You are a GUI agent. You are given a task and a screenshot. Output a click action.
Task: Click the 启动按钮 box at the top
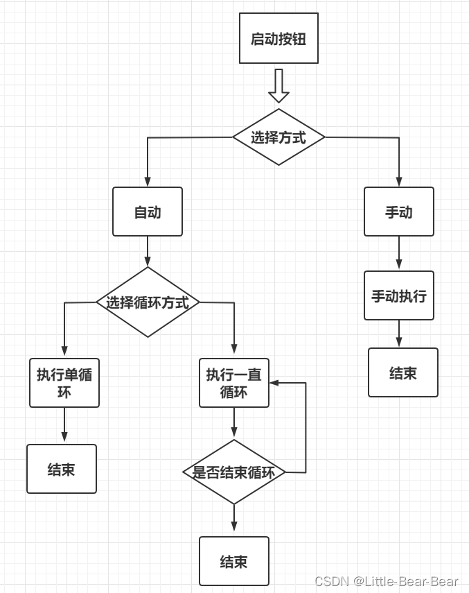pyautogui.click(x=278, y=38)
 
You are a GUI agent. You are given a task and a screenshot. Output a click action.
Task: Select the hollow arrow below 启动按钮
pyautogui.click(x=278, y=85)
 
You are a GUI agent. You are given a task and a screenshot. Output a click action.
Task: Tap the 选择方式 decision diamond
pyautogui.click(x=278, y=137)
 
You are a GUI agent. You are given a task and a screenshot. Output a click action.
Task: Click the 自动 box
pyautogui.click(x=148, y=212)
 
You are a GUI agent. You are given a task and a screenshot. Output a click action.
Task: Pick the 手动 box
pyautogui.click(x=399, y=212)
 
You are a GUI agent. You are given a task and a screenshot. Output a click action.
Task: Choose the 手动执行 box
pyautogui.click(x=399, y=295)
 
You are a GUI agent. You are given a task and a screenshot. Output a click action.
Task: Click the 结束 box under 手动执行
pyautogui.click(x=402, y=372)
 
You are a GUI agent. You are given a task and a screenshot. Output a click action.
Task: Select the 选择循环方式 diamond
pyautogui.click(x=148, y=302)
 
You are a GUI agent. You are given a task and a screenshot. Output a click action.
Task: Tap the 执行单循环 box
pyautogui.click(x=64, y=383)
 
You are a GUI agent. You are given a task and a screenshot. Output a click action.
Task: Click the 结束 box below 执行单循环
pyautogui.click(x=62, y=469)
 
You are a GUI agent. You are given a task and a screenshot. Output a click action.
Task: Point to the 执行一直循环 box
pyautogui.click(x=234, y=383)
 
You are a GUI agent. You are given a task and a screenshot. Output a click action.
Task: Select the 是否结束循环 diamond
pyautogui.click(x=234, y=472)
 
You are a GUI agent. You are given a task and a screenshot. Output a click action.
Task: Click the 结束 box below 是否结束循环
pyautogui.click(x=234, y=561)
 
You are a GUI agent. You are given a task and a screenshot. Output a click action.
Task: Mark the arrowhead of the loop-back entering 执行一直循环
pyautogui.click(x=274, y=383)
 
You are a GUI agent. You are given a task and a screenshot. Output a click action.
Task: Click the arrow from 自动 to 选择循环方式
pyautogui.click(x=148, y=252)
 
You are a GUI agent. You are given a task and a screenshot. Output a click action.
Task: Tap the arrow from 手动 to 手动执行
pyautogui.click(x=399, y=253)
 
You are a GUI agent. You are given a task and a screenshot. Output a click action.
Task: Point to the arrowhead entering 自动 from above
pyautogui.click(x=148, y=182)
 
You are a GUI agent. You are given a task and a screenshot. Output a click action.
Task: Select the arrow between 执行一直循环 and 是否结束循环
pyautogui.click(x=234, y=423)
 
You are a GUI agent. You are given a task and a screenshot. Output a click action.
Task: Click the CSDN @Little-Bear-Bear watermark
pyautogui.click(x=386, y=581)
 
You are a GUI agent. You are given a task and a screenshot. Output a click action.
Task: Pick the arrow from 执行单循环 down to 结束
pyautogui.click(x=64, y=425)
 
